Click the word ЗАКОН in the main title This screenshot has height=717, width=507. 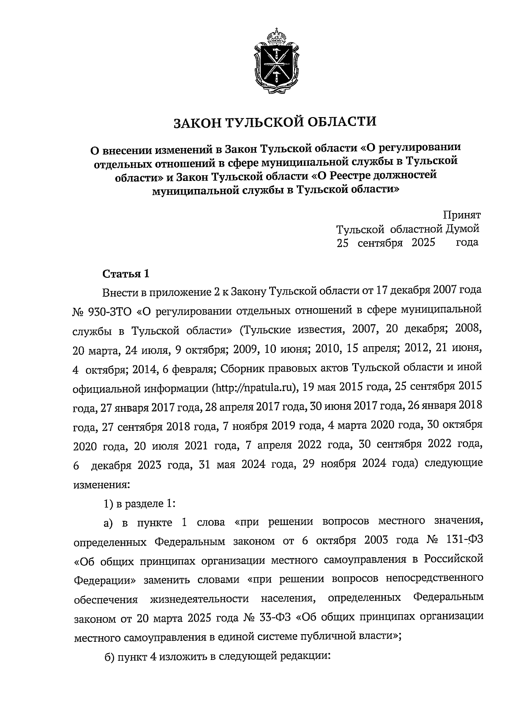[x=195, y=123]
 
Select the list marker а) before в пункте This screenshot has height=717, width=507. [x=109, y=523]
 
